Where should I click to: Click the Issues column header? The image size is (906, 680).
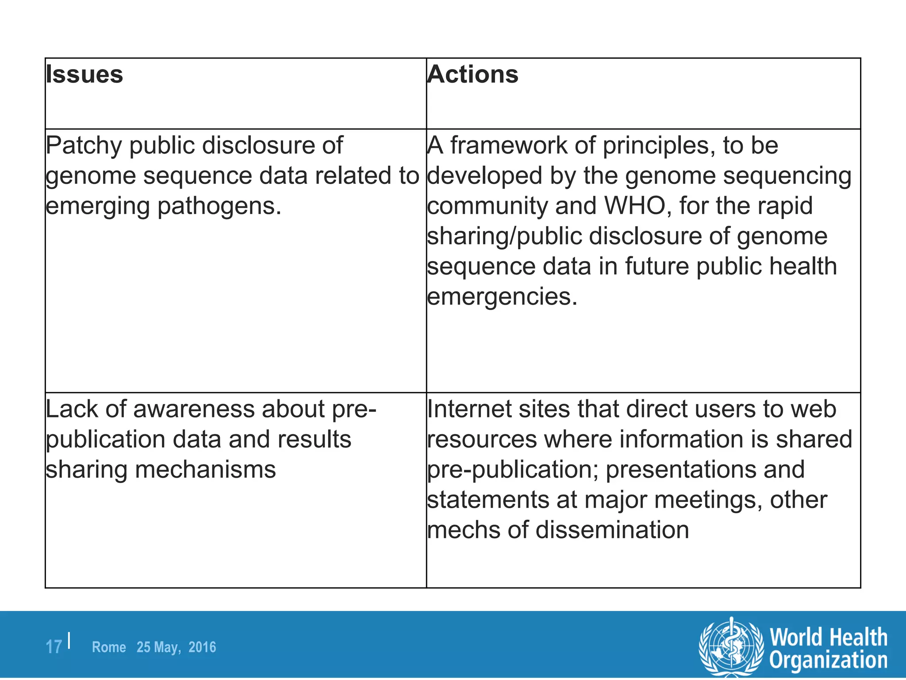pyautogui.click(x=84, y=74)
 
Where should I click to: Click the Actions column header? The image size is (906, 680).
pyautogui.click(x=472, y=74)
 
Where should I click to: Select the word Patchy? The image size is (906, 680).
pyautogui.click(x=83, y=146)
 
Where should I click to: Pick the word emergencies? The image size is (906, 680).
pyautogui.click(x=502, y=297)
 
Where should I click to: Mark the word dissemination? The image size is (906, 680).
pyautogui.click(x=612, y=530)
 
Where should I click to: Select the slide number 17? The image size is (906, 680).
pyautogui.click(x=54, y=647)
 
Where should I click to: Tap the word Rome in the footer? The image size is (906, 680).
pyautogui.click(x=109, y=647)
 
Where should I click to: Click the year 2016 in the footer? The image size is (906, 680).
pyautogui.click(x=202, y=647)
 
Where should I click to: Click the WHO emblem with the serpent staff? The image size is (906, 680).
pyautogui.click(x=731, y=646)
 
